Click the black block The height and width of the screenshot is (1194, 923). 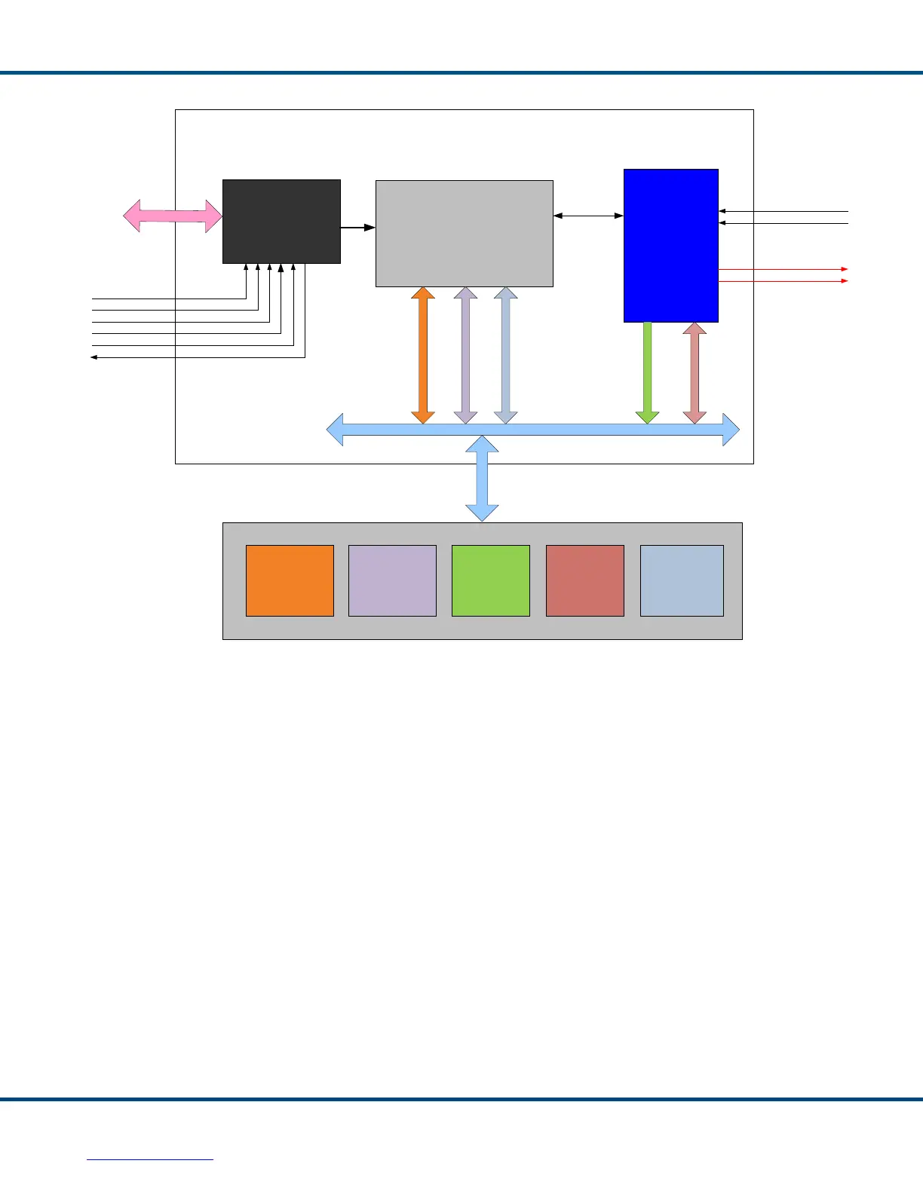click(x=281, y=222)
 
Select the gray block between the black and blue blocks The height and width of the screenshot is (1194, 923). click(x=464, y=234)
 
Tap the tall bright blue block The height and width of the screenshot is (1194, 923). click(x=670, y=245)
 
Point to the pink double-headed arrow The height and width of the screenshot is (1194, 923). click(x=173, y=216)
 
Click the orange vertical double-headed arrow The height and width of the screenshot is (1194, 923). click(x=423, y=355)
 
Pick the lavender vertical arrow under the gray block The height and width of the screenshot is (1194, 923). click(x=465, y=355)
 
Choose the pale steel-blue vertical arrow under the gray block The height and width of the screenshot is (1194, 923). click(x=505, y=355)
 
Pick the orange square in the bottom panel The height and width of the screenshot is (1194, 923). click(x=290, y=580)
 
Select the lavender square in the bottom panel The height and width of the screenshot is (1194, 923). click(x=392, y=580)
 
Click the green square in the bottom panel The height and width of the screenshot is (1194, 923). click(x=490, y=580)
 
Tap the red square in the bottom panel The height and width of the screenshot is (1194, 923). click(x=584, y=580)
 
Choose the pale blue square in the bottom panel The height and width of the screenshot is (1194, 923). click(x=682, y=580)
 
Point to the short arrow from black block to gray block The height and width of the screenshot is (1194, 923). click(x=358, y=227)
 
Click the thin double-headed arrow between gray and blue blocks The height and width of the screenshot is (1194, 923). click(x=588, y=216)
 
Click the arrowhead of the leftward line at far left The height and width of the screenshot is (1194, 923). click(x=94, y=357)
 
